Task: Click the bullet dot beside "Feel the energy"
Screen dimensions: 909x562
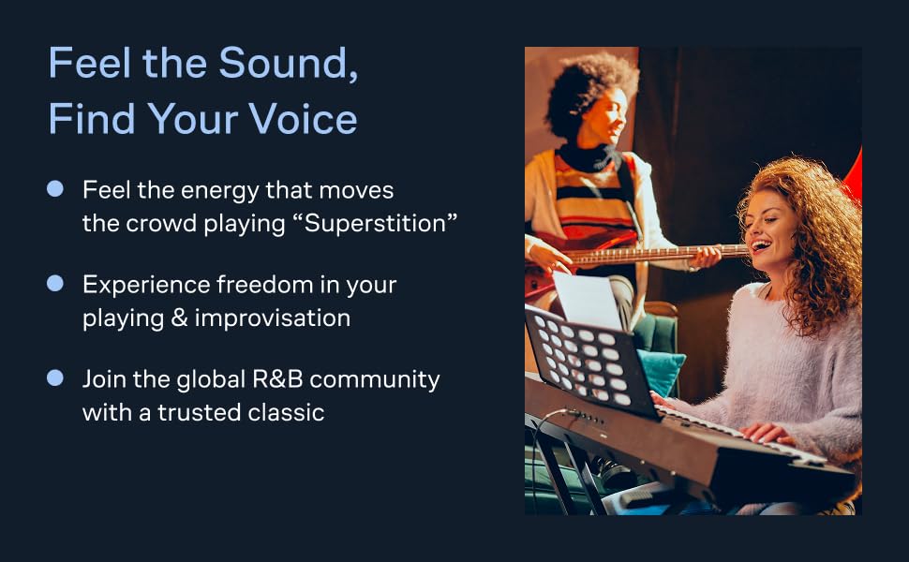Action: point(55,189)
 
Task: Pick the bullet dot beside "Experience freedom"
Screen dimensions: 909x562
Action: point(55,283)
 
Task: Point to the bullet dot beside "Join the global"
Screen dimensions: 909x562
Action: point(55,377)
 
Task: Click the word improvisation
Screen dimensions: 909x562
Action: point(273,318)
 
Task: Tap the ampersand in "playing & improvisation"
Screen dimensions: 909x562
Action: point(179,318)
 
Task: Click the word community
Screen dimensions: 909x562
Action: point(375,380)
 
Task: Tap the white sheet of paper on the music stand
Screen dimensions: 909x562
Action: point(587,300)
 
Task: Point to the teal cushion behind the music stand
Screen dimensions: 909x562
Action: point(663,371)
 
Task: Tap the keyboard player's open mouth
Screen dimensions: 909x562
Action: point(760,245)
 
